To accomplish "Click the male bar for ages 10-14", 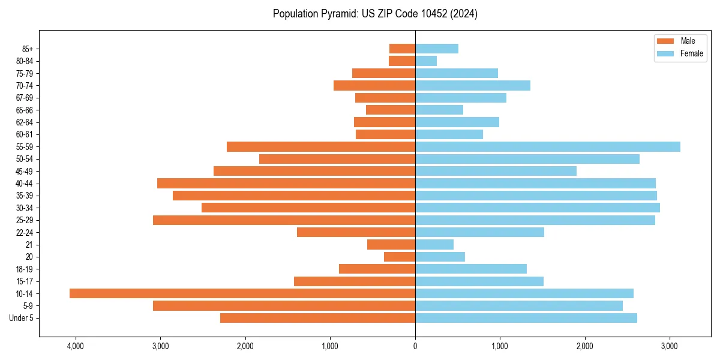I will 242,293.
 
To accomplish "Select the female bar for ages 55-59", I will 547,147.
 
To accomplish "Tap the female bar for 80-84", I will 426,61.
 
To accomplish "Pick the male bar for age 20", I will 400,257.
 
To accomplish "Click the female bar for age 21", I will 434,245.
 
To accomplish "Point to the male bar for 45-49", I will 314,171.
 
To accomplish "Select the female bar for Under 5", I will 526,318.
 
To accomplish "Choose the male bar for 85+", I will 402,49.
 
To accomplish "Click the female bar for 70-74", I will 473,85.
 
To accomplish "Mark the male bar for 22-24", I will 356,232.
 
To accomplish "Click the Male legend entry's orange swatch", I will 665,41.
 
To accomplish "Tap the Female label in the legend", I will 692,53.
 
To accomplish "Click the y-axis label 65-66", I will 25,110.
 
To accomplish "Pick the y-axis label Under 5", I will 21,318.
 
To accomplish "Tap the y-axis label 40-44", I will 25,184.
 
